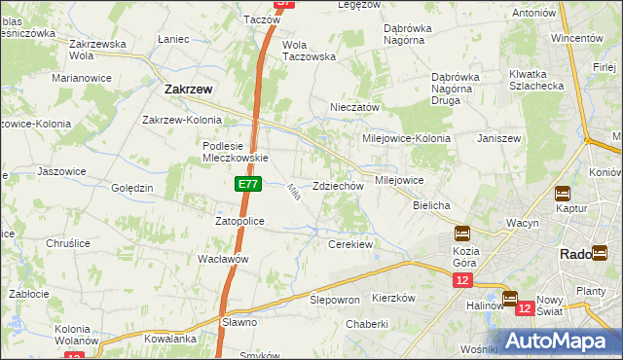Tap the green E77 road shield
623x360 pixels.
click(247, 182)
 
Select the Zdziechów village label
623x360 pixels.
click(338, 186)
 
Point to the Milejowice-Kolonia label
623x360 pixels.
click(407, 138)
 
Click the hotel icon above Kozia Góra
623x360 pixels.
click(461, 234)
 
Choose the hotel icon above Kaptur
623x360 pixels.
click(563, 193)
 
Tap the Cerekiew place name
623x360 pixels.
click(351, 244)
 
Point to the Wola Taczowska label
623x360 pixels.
click(309, 51)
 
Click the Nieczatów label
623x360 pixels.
click(354, 107)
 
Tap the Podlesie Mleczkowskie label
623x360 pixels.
click(235, 152)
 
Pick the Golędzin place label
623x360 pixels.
click(132, 188)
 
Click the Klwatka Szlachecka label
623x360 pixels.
click(535, 80)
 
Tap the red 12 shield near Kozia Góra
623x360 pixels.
click(461, 280)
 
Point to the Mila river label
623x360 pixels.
click(292, 193)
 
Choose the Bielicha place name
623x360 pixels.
click(430, 206)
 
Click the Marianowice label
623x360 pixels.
click(82, 76)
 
